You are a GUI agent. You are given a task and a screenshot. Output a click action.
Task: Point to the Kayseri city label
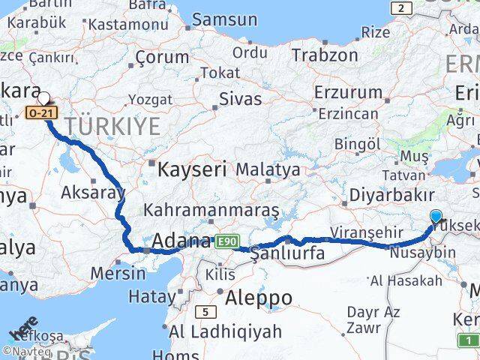pos(191,169)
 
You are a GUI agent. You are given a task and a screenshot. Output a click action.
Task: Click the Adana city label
pos(181,241)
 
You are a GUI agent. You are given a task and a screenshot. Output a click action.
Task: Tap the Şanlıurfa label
pos(288,253)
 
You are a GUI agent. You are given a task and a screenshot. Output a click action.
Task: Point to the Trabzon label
pos(325,55)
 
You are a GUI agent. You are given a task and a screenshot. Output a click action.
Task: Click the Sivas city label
pos(240,99)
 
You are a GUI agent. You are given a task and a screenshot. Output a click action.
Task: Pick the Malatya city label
pos(268,169)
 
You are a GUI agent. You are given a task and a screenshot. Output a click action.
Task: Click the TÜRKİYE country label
pos(112,127)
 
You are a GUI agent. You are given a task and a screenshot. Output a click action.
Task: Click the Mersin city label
pos(118,272)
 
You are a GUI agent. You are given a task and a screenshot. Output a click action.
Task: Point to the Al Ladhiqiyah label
pos(225,331)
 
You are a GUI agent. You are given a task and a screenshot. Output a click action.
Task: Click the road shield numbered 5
pos(205,312)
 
